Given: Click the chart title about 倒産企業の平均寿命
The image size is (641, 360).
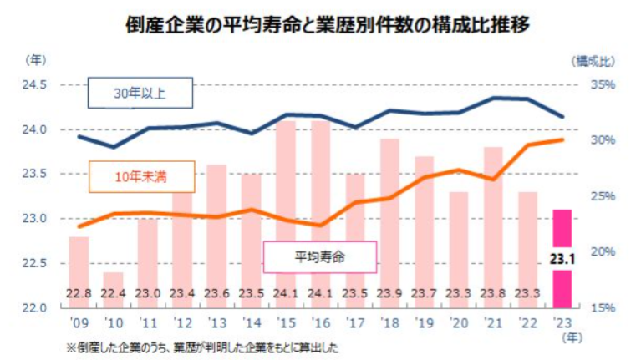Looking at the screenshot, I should point(320,23).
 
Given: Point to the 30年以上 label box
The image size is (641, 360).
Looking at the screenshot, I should point(140,94).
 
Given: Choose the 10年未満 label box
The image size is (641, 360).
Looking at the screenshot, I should point(141,177).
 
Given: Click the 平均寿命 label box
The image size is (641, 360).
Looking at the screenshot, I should point(321,256).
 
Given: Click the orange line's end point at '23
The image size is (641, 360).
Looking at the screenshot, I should point(562,139).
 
